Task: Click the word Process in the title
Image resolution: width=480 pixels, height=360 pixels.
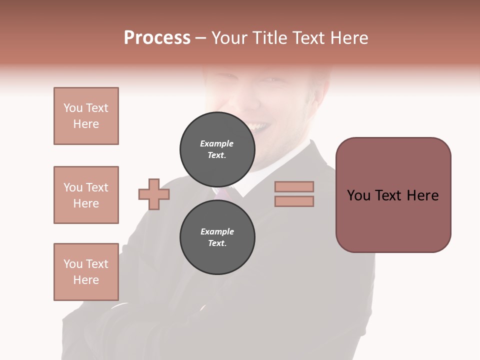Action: coord(157,38)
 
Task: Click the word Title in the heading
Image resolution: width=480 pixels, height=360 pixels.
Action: coord(268,38)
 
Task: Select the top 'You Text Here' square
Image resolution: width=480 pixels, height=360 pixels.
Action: coord(86,116)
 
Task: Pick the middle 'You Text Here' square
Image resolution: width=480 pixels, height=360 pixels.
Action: coord(86,195)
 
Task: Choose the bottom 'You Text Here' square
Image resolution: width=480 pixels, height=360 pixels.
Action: coord(86,272)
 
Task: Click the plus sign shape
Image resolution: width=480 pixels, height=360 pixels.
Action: coord(154,194)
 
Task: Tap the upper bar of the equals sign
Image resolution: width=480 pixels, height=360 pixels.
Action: coord(294,186)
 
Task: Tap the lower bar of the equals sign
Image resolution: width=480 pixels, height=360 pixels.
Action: coord(294,201)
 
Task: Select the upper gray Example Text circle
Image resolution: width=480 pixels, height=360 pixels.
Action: coord(217,149)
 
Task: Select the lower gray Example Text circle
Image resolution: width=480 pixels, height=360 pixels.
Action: coord(217,237)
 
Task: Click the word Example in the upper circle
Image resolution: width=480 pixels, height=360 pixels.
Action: coord(217,143)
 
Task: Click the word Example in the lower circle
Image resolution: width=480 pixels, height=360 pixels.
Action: coord(217,231)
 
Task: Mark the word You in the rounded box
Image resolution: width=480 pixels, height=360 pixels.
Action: coord(358,195)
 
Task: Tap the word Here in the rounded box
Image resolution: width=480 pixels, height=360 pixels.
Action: coord(422,195)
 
